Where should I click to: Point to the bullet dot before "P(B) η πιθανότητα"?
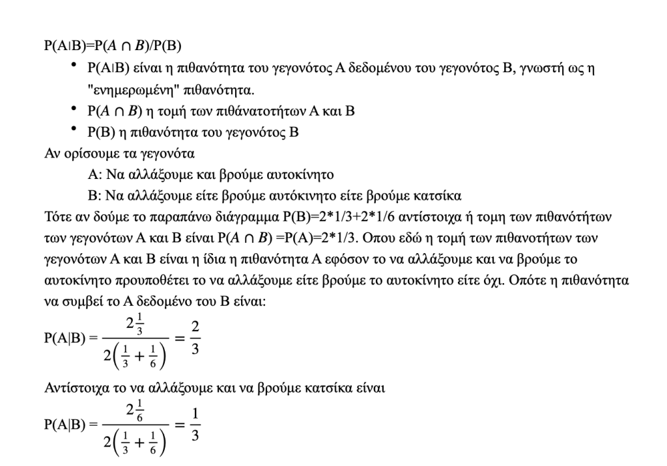pos(76,130)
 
